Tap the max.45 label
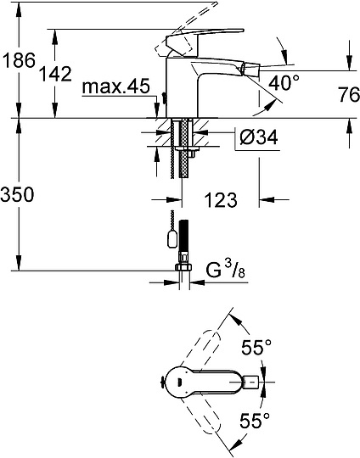pos(117,87)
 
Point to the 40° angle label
pos(285,82)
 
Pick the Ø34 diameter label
pos(254,136)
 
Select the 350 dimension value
pos(18,194)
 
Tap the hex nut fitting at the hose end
pos(179,271)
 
